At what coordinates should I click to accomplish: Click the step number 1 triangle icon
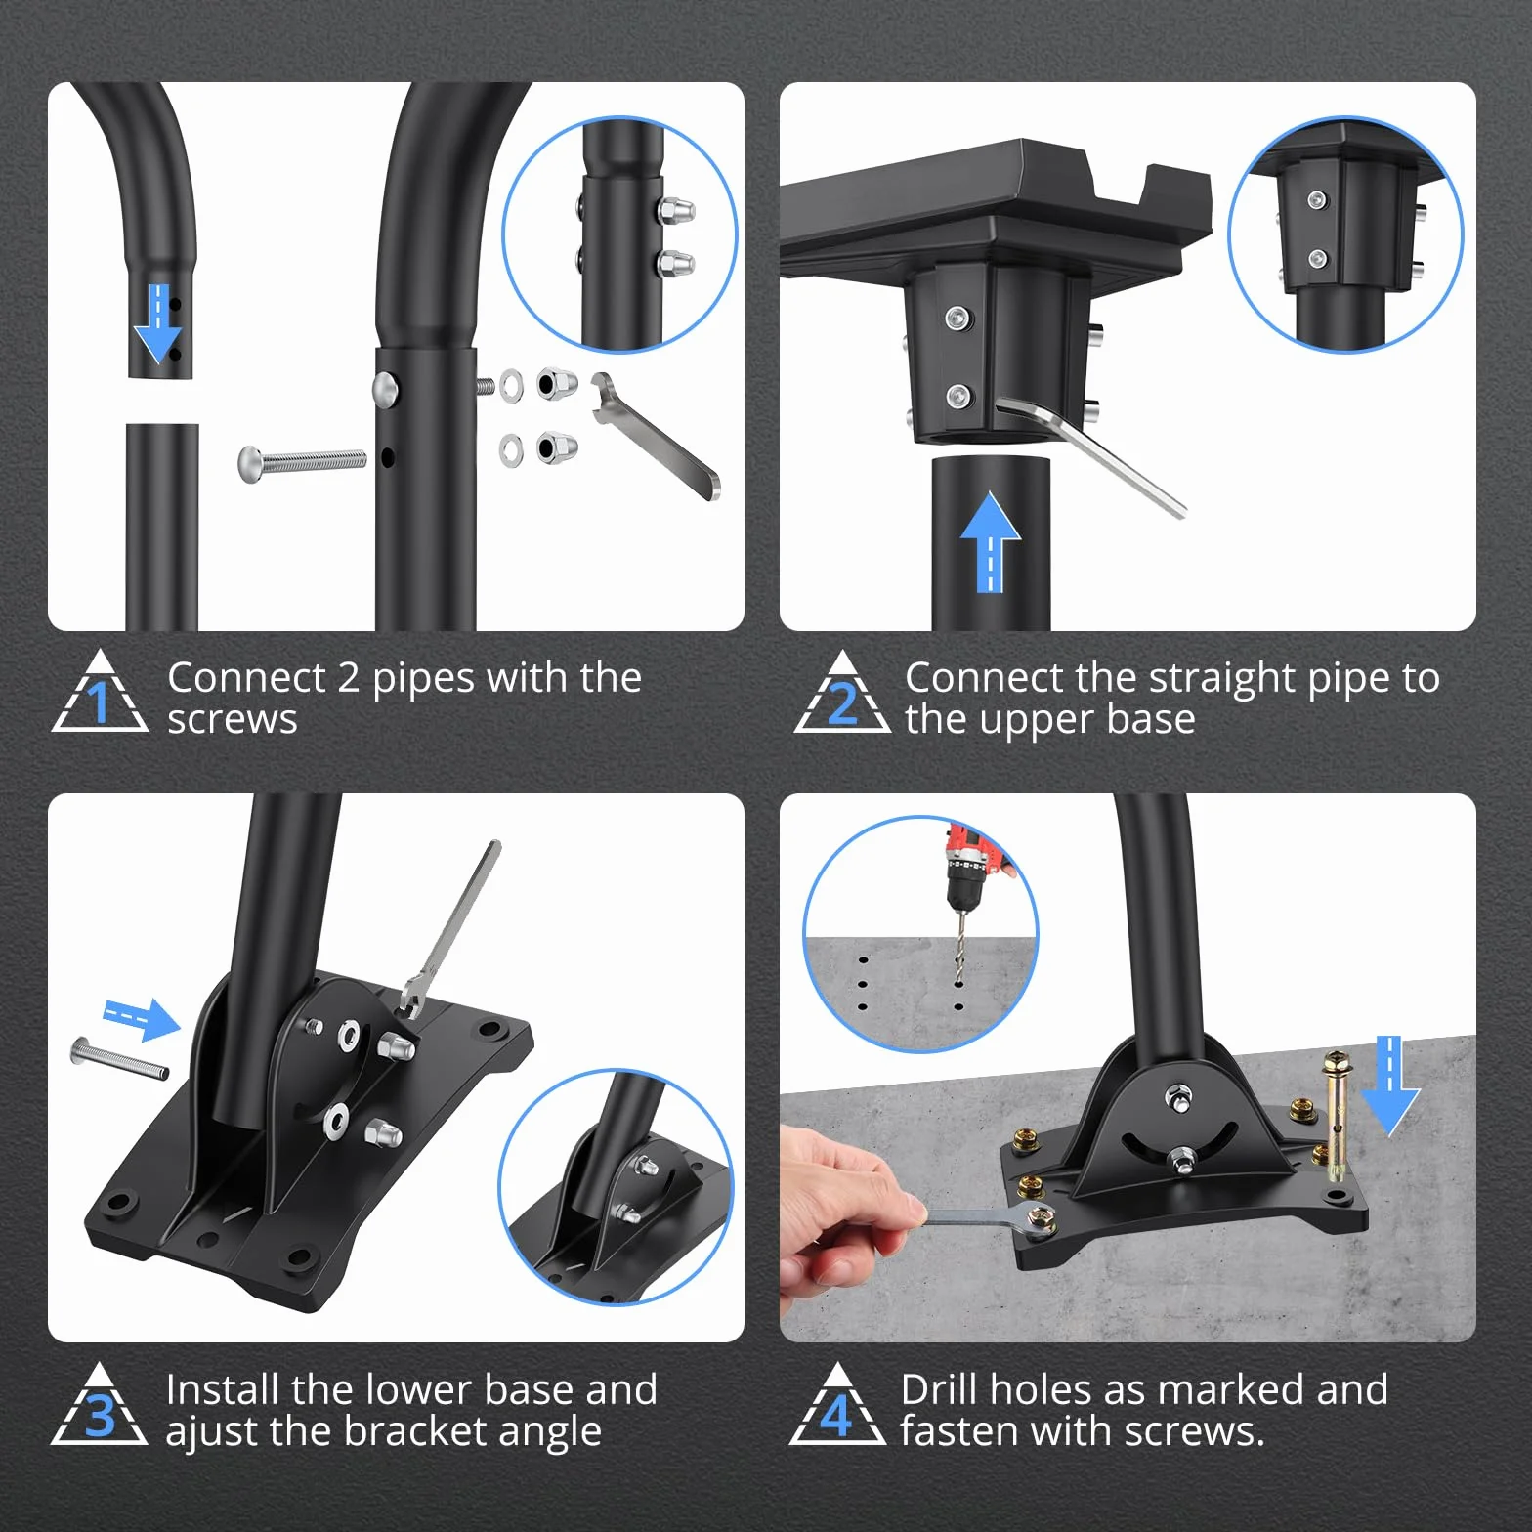100,693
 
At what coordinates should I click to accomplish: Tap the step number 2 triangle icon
842,693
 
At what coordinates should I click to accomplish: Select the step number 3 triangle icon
100,1405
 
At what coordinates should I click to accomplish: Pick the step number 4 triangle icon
837,1405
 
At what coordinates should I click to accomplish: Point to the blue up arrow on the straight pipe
990,541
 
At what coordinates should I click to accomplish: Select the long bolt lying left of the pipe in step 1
302,462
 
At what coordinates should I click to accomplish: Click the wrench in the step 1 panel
655,435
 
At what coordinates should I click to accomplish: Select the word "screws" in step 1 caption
233,720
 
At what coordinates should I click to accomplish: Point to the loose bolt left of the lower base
119,1059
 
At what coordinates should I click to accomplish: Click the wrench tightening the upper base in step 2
1089,455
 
